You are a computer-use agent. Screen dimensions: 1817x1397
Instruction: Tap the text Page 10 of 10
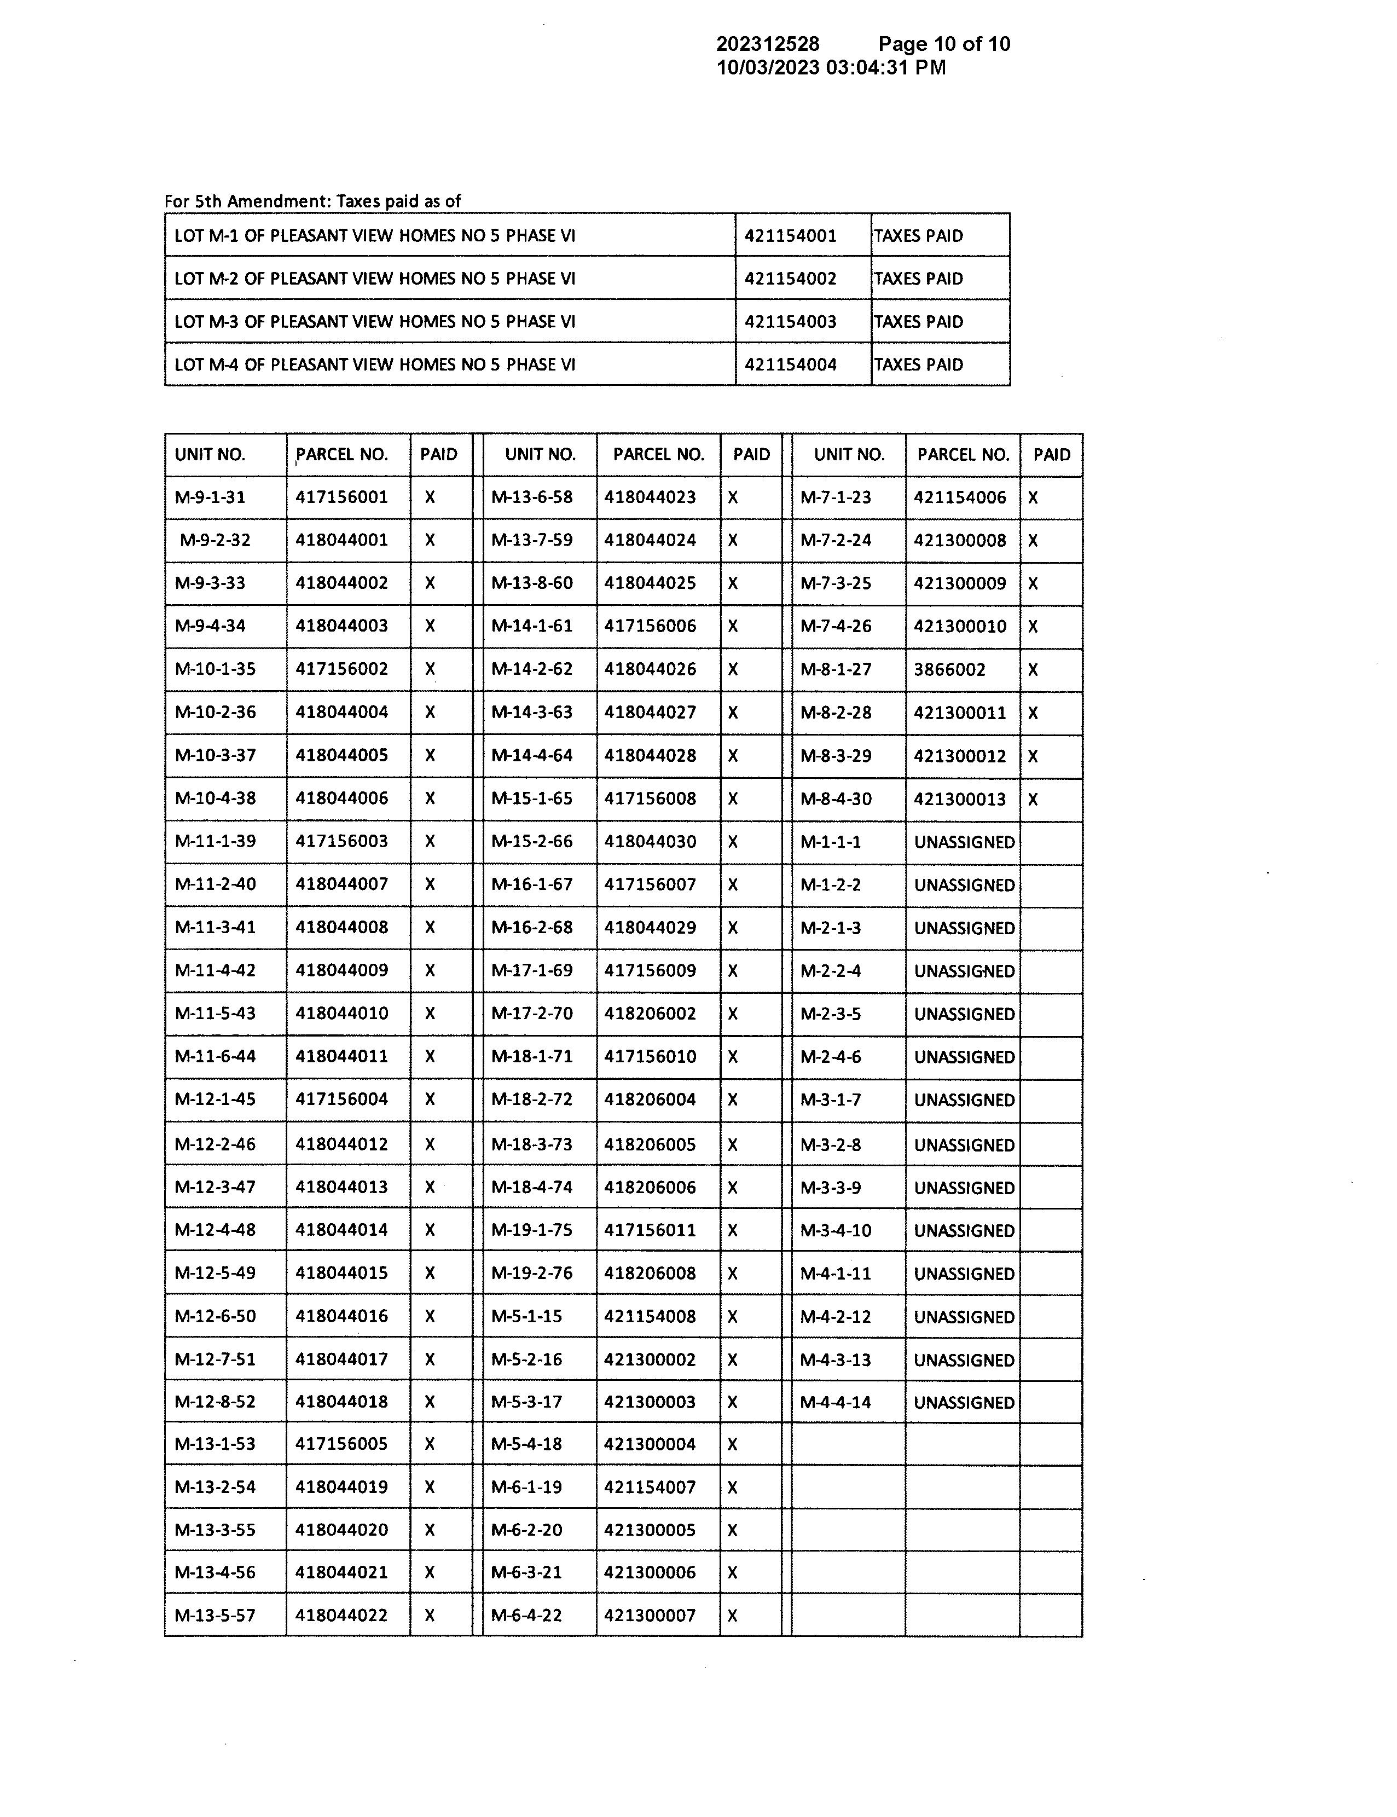point(944,44)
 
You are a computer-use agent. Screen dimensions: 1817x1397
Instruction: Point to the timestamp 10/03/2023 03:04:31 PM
point(831,67)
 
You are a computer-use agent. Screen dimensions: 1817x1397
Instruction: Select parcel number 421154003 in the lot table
point(790,322)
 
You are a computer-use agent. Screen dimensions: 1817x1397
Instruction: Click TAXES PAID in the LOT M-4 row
point(918,365)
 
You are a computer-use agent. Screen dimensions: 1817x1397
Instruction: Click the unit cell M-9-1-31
point(210,497)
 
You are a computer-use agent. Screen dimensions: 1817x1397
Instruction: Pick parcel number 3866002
point(949,669)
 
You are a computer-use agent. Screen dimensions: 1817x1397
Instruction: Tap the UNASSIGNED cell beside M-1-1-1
point(964,842)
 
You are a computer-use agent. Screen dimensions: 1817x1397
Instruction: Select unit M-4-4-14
point(835,1403)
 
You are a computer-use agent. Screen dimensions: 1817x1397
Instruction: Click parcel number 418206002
point(650,1014)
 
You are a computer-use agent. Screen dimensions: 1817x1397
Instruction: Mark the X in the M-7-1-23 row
point(1033,498)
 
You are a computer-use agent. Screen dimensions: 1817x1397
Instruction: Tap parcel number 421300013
point(960,799)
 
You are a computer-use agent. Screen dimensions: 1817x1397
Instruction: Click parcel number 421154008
point(650,1316)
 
